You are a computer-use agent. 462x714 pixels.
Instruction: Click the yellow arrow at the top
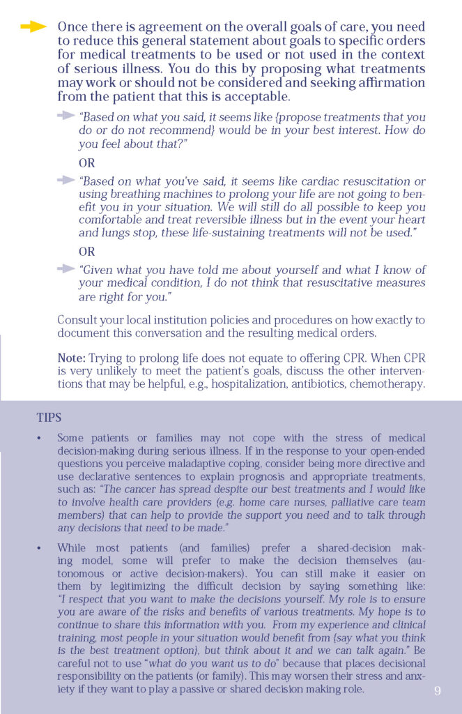tap(33, 27)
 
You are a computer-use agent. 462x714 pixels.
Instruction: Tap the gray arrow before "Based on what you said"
tap(66, 116)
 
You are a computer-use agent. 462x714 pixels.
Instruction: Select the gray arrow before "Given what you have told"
tap(66, 268)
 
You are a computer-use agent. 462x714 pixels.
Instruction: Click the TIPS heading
tap(49, 418)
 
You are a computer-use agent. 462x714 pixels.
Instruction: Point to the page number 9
tap(437, 690)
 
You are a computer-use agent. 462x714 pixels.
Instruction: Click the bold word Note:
tap(72, 358)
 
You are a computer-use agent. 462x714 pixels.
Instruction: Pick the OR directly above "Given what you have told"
tap(87, 252)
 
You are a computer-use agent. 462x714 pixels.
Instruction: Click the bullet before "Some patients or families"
tap(39, 439)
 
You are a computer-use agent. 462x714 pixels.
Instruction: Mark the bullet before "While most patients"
tap(39, 548)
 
